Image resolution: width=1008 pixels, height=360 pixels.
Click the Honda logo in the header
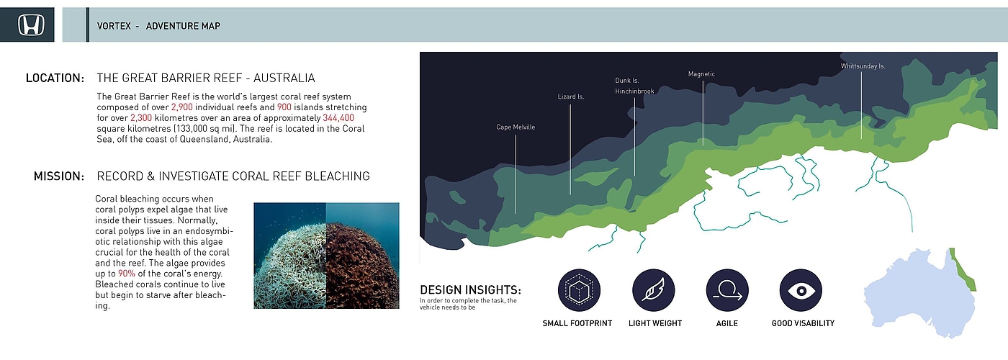(31, 24)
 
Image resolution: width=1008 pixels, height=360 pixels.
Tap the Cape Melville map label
(516, 127)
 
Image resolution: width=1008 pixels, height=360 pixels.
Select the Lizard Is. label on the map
(570, 96)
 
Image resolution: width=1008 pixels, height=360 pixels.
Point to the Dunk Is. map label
(627, 81)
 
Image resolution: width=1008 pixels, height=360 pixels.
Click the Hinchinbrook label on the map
(634, 91)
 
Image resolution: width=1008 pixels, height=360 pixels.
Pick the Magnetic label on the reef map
(701, 74)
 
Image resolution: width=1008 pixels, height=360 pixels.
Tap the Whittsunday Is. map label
(863, 66)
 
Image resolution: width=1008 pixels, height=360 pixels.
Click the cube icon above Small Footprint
(579, 290)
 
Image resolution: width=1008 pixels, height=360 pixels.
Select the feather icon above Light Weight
(654, 290)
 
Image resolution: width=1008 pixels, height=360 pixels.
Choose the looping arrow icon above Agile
(727, 290)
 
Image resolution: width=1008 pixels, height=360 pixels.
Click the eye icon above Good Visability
(801, 290)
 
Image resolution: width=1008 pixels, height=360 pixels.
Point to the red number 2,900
(181, 107)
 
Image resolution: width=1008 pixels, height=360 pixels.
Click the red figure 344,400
(338, 118)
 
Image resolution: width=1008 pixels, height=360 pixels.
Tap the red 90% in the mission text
(127, 274)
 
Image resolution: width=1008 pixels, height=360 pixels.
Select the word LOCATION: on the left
(55, 78)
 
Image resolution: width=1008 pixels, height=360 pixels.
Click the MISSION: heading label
(59, 176)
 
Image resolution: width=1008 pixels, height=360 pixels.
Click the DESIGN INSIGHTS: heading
(470, 289)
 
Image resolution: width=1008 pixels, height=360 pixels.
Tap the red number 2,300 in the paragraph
(141, 118)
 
